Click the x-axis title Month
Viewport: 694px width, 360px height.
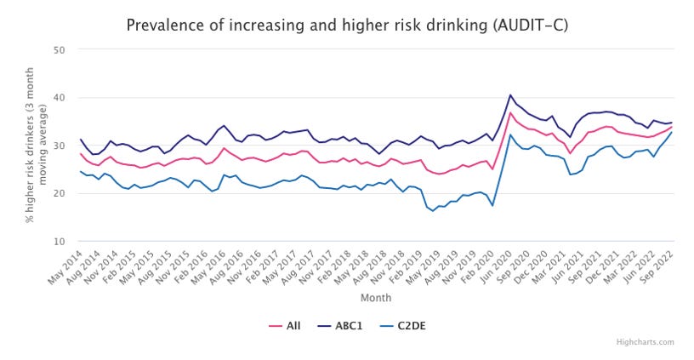(x=374, y=299)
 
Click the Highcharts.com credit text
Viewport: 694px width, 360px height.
(x=645, y=342)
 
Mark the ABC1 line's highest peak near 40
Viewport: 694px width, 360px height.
(x=510, y=95)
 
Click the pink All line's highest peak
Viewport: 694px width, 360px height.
(x=510, y=112)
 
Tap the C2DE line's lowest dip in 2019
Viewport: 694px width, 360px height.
(x=433, y=211)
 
